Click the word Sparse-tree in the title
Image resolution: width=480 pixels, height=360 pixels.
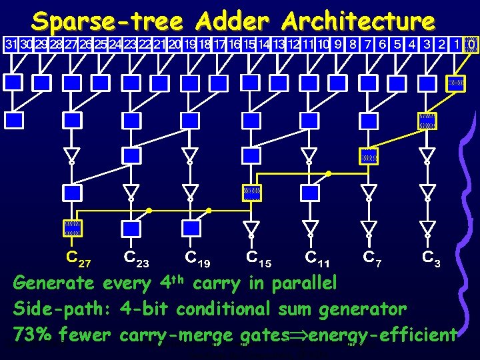pos(107,21)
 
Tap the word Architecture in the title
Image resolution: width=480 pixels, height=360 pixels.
pos(359,21)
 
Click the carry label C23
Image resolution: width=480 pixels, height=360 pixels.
pos(136,257)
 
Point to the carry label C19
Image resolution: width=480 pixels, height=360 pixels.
pos(197,257)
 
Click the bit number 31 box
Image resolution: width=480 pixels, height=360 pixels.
pos(11,45)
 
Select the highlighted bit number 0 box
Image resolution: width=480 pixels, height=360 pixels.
pos(471,45)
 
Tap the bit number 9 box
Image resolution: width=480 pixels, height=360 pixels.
pos(338,45)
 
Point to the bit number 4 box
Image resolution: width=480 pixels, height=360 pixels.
pos(412,45)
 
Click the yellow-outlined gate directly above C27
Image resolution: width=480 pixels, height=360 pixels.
pos(72,228)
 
